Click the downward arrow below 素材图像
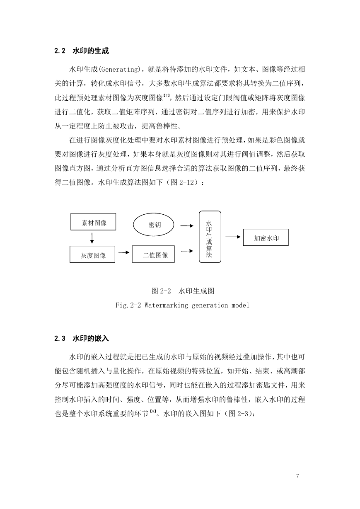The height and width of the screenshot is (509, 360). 92,238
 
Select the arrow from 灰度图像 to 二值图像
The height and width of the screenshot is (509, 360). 124,252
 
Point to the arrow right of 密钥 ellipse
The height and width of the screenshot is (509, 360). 187,225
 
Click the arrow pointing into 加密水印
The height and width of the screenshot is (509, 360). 233,237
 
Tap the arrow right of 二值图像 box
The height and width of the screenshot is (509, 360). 187,251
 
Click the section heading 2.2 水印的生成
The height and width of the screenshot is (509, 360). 82,51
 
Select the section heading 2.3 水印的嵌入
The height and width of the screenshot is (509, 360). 82,338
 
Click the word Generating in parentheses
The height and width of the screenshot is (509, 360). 119,69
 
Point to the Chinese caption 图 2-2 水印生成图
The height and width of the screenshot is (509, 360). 183,291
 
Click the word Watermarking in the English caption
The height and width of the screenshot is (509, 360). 166,305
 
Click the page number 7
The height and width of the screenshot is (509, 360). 297,475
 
